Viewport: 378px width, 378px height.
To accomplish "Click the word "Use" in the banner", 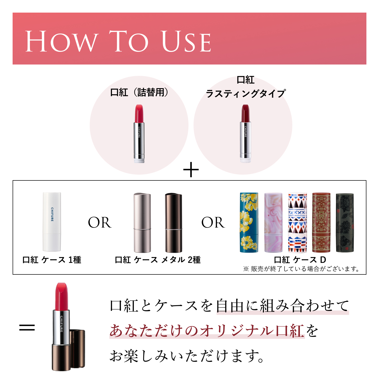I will pyautogui.click(x=186, y=42).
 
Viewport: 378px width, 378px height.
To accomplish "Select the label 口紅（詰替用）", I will pyautogui.click(x=139, y=92).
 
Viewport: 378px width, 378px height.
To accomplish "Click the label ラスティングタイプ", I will pyautogui.click(x=246, y=94).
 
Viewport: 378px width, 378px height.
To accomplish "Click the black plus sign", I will pyautogui.click(x=191, y=170).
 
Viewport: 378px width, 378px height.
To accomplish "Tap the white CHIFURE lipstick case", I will pyautogui.click(x=52, y=222).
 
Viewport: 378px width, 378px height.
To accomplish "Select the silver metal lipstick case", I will pyautogui.click(x=142, y=223).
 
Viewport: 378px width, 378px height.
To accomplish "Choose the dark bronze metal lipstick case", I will pyautogui.click(x=173, y=223).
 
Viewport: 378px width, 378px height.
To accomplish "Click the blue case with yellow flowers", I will pyautogui.click(x=249, y=223).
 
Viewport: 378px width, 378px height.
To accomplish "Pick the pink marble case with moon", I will pyautogui.click(x=273, y=223).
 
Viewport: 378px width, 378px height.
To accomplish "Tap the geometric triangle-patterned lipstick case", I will pyautogui.click(x=298, y=223).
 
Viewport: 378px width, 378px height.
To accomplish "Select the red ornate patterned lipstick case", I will pyautogui.click(x=321, y=223).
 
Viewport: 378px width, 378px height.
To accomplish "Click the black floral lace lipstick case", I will pyautogui.click(x=345, y=223).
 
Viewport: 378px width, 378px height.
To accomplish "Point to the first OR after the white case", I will pyautogui.click(x=100, y=223).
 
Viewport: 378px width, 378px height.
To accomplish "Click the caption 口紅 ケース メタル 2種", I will pyautogui.click(x=158, y=260).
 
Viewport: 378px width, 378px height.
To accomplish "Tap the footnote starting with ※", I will pyautogui.click(x=301, y=269).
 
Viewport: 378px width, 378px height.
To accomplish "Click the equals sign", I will pyautogui.click(x=27, y=328).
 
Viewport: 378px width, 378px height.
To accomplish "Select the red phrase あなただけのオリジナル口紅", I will pyautogui.click(x=207, y=331).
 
